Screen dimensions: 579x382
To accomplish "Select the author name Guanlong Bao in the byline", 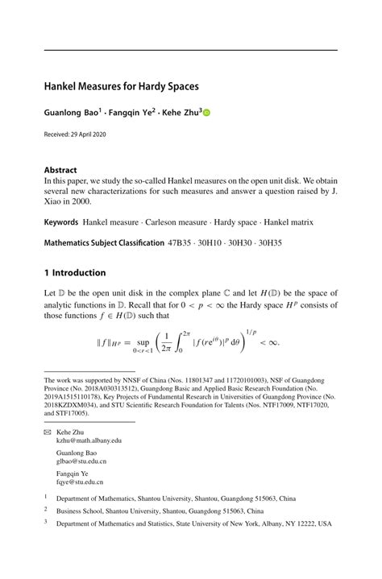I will point(71,114).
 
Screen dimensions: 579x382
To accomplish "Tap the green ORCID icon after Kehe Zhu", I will point(206,114).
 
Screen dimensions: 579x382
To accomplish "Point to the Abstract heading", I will point(60,170).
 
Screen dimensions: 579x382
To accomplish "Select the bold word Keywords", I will point(61,221).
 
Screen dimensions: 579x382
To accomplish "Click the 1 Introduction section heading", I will point(75,273).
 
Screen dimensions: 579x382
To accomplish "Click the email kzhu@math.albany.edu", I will point(89,441).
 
